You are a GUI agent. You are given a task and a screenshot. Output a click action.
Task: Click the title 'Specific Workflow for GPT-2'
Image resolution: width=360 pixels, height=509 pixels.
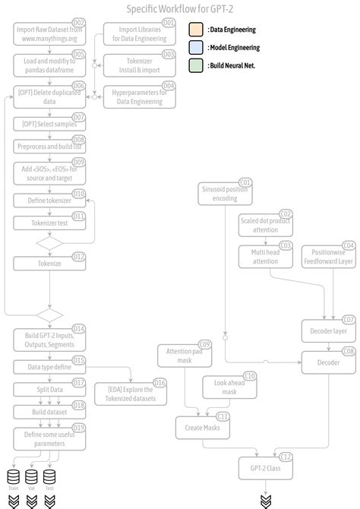[180, 8]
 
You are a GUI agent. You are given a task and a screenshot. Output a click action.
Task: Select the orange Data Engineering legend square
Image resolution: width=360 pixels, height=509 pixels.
[195, 30]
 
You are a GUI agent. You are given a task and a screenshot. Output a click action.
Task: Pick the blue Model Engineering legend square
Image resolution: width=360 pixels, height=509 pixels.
[195, 48]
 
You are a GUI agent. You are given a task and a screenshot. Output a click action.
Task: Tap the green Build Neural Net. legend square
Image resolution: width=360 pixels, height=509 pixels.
[195, 66]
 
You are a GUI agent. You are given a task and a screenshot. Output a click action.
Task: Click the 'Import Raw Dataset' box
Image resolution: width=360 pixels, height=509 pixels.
[49, 33]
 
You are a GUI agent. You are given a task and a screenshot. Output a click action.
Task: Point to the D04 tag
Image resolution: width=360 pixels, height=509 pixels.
[169, 86]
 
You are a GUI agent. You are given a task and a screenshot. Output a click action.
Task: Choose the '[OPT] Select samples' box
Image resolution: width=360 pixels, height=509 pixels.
[49, 124]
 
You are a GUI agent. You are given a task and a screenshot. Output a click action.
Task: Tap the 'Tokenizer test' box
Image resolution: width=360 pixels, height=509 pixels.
[49, 223]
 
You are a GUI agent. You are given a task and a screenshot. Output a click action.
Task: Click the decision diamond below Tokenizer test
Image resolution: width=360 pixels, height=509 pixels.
[49, 243]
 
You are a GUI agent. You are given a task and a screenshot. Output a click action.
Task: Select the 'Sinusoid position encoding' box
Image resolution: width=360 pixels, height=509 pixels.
[225, 194]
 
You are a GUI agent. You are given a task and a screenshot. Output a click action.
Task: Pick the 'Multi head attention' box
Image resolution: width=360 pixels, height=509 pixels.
[265, 256]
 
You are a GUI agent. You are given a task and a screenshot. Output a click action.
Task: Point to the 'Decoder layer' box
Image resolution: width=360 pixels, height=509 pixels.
[329, 331]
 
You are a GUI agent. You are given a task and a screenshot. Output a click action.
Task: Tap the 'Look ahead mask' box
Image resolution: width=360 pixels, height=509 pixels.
[229, 387]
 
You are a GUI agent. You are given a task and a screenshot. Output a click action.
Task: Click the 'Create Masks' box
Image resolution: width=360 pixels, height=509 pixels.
[201, 427]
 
